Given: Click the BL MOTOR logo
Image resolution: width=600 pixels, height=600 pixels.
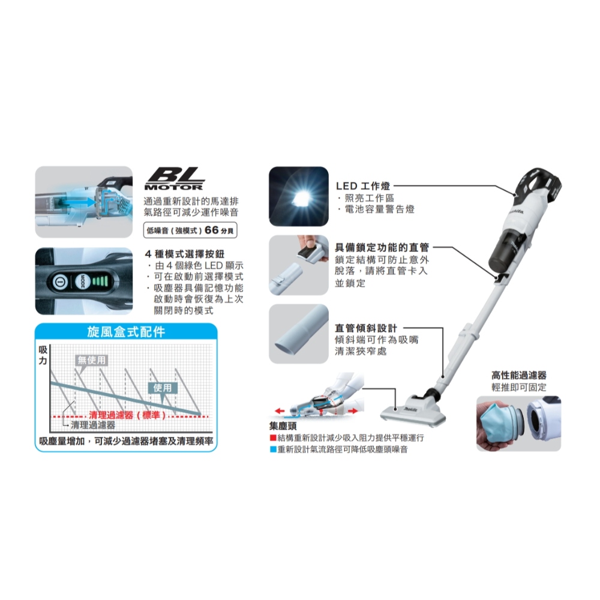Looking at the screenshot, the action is click(x=175, y=179).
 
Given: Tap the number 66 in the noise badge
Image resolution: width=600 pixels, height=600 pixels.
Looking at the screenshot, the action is click(x=212, y=230).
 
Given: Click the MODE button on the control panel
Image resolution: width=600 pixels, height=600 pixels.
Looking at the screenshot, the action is click(x=82, y=282).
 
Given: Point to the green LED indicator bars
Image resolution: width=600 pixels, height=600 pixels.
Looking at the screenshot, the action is click(x=100, y=281).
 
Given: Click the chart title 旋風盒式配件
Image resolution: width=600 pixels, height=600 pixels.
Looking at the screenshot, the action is click(x=126, y=331).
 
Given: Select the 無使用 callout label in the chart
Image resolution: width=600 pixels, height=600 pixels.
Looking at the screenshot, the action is click(x=91, y=360).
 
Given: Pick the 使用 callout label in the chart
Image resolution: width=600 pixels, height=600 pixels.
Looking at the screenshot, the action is click(x=162, y=388).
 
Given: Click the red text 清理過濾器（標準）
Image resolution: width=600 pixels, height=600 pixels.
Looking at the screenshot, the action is click(x=128, y=415).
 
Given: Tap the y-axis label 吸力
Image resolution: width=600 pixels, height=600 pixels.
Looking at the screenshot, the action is click(x=43, y=355).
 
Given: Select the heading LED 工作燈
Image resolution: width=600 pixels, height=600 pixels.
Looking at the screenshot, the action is click(x=363, y=187).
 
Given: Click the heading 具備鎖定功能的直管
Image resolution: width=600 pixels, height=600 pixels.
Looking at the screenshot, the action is click(x=382, y=247).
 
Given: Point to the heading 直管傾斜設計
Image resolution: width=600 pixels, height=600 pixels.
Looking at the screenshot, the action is click(x=366, y=328).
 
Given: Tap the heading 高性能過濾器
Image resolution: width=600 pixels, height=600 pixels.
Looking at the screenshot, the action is click(x=519, y=376).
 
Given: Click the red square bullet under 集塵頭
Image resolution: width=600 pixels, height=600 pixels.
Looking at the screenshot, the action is click(x=273, y=438).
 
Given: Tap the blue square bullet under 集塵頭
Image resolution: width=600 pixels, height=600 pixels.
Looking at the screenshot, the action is click(x=273, y=449).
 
